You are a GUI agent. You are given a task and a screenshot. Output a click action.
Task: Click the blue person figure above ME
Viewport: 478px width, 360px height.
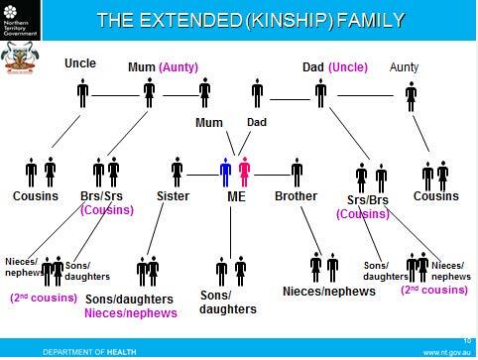pyautogui.click(x=227, y=170)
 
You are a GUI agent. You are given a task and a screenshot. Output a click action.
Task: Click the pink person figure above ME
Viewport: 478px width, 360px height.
pyautogui.click(x=244, y=170)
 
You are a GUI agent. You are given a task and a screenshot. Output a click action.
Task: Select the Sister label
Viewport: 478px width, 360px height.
pyautogui.click(x=174, y=196)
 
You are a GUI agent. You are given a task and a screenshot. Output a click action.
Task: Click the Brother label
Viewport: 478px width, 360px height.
pyautogui.click(x=296, y=196)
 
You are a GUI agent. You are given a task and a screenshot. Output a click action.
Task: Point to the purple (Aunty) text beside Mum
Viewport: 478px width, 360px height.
pyautogui.click(x=179, y=67)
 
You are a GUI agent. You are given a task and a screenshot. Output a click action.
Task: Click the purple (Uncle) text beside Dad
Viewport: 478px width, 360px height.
pyautogui.click(x=348, y=67)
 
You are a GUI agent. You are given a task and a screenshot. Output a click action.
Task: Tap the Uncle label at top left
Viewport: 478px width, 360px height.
pyautogui.click(x=80, y=63)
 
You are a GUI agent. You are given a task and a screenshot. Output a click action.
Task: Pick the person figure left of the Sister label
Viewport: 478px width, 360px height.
pyautogui.click(x=178, y=172)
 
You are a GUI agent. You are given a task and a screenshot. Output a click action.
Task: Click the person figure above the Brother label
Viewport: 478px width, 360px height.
pyautogui.click(x=296, y=172)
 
